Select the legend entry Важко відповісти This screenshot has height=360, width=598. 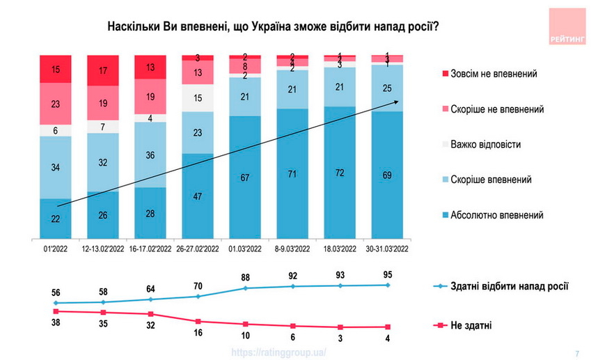485,144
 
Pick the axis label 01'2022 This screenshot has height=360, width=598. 56,249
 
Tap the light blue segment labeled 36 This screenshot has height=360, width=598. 151,155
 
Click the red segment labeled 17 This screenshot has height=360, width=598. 104,71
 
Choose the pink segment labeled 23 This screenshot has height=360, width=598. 56,104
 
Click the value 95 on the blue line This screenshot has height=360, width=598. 386,274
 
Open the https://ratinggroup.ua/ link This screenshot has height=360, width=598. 278,352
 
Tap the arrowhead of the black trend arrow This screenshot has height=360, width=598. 397,102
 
